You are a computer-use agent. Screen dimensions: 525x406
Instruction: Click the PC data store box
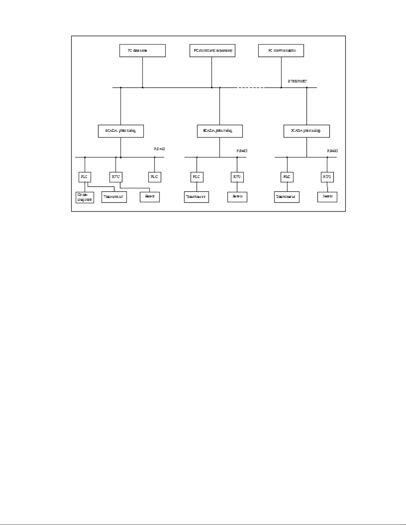pyautogui.click(x=142, y=51)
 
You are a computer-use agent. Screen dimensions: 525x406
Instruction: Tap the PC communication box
pyautogui.click(x=281, y=51)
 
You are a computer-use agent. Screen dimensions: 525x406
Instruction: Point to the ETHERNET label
pyautogui.click(x=298, y=81)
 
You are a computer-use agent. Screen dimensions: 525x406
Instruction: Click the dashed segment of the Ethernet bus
pyautogui.click(x=251, y=88)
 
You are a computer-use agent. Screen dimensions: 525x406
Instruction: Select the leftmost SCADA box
pyautogui.click(x=121, y=131)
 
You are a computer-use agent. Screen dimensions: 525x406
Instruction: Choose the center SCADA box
pyautogui.click(x=220, y=131)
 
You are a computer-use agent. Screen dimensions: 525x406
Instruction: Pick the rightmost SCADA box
pyautogui.click(x=307, y=131)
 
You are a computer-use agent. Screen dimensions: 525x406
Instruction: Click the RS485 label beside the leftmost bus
pyautogui.click(x=159, y=149)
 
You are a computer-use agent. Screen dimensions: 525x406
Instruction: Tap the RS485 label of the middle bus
pyautogui.click(x=242, y=151)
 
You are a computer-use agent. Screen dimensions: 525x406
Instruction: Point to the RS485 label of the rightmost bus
pyautogui.click(x=332, y=151)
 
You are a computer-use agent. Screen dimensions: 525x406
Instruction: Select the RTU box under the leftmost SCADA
pyautogui.click(x=116, y=177)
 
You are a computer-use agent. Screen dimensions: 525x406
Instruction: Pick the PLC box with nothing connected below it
pyautogui.click(x=154, y=177)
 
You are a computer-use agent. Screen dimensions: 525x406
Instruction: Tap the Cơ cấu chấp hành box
pyautogui.click(x=85, y=197)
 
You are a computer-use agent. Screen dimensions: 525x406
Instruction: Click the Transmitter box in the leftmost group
pyautogui.click(x=114, y=197)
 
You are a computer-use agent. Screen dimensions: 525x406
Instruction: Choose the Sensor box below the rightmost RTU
pyautogui.click(x=327, y=197)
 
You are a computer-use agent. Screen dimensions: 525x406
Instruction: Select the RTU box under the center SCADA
pyautogui.click(x=237, y=177)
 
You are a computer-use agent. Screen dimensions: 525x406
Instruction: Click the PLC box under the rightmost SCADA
pyautogui.click(x=287, y=177)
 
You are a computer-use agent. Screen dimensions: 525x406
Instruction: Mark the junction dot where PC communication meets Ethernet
pyautogui.click(x=281, y=88)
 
